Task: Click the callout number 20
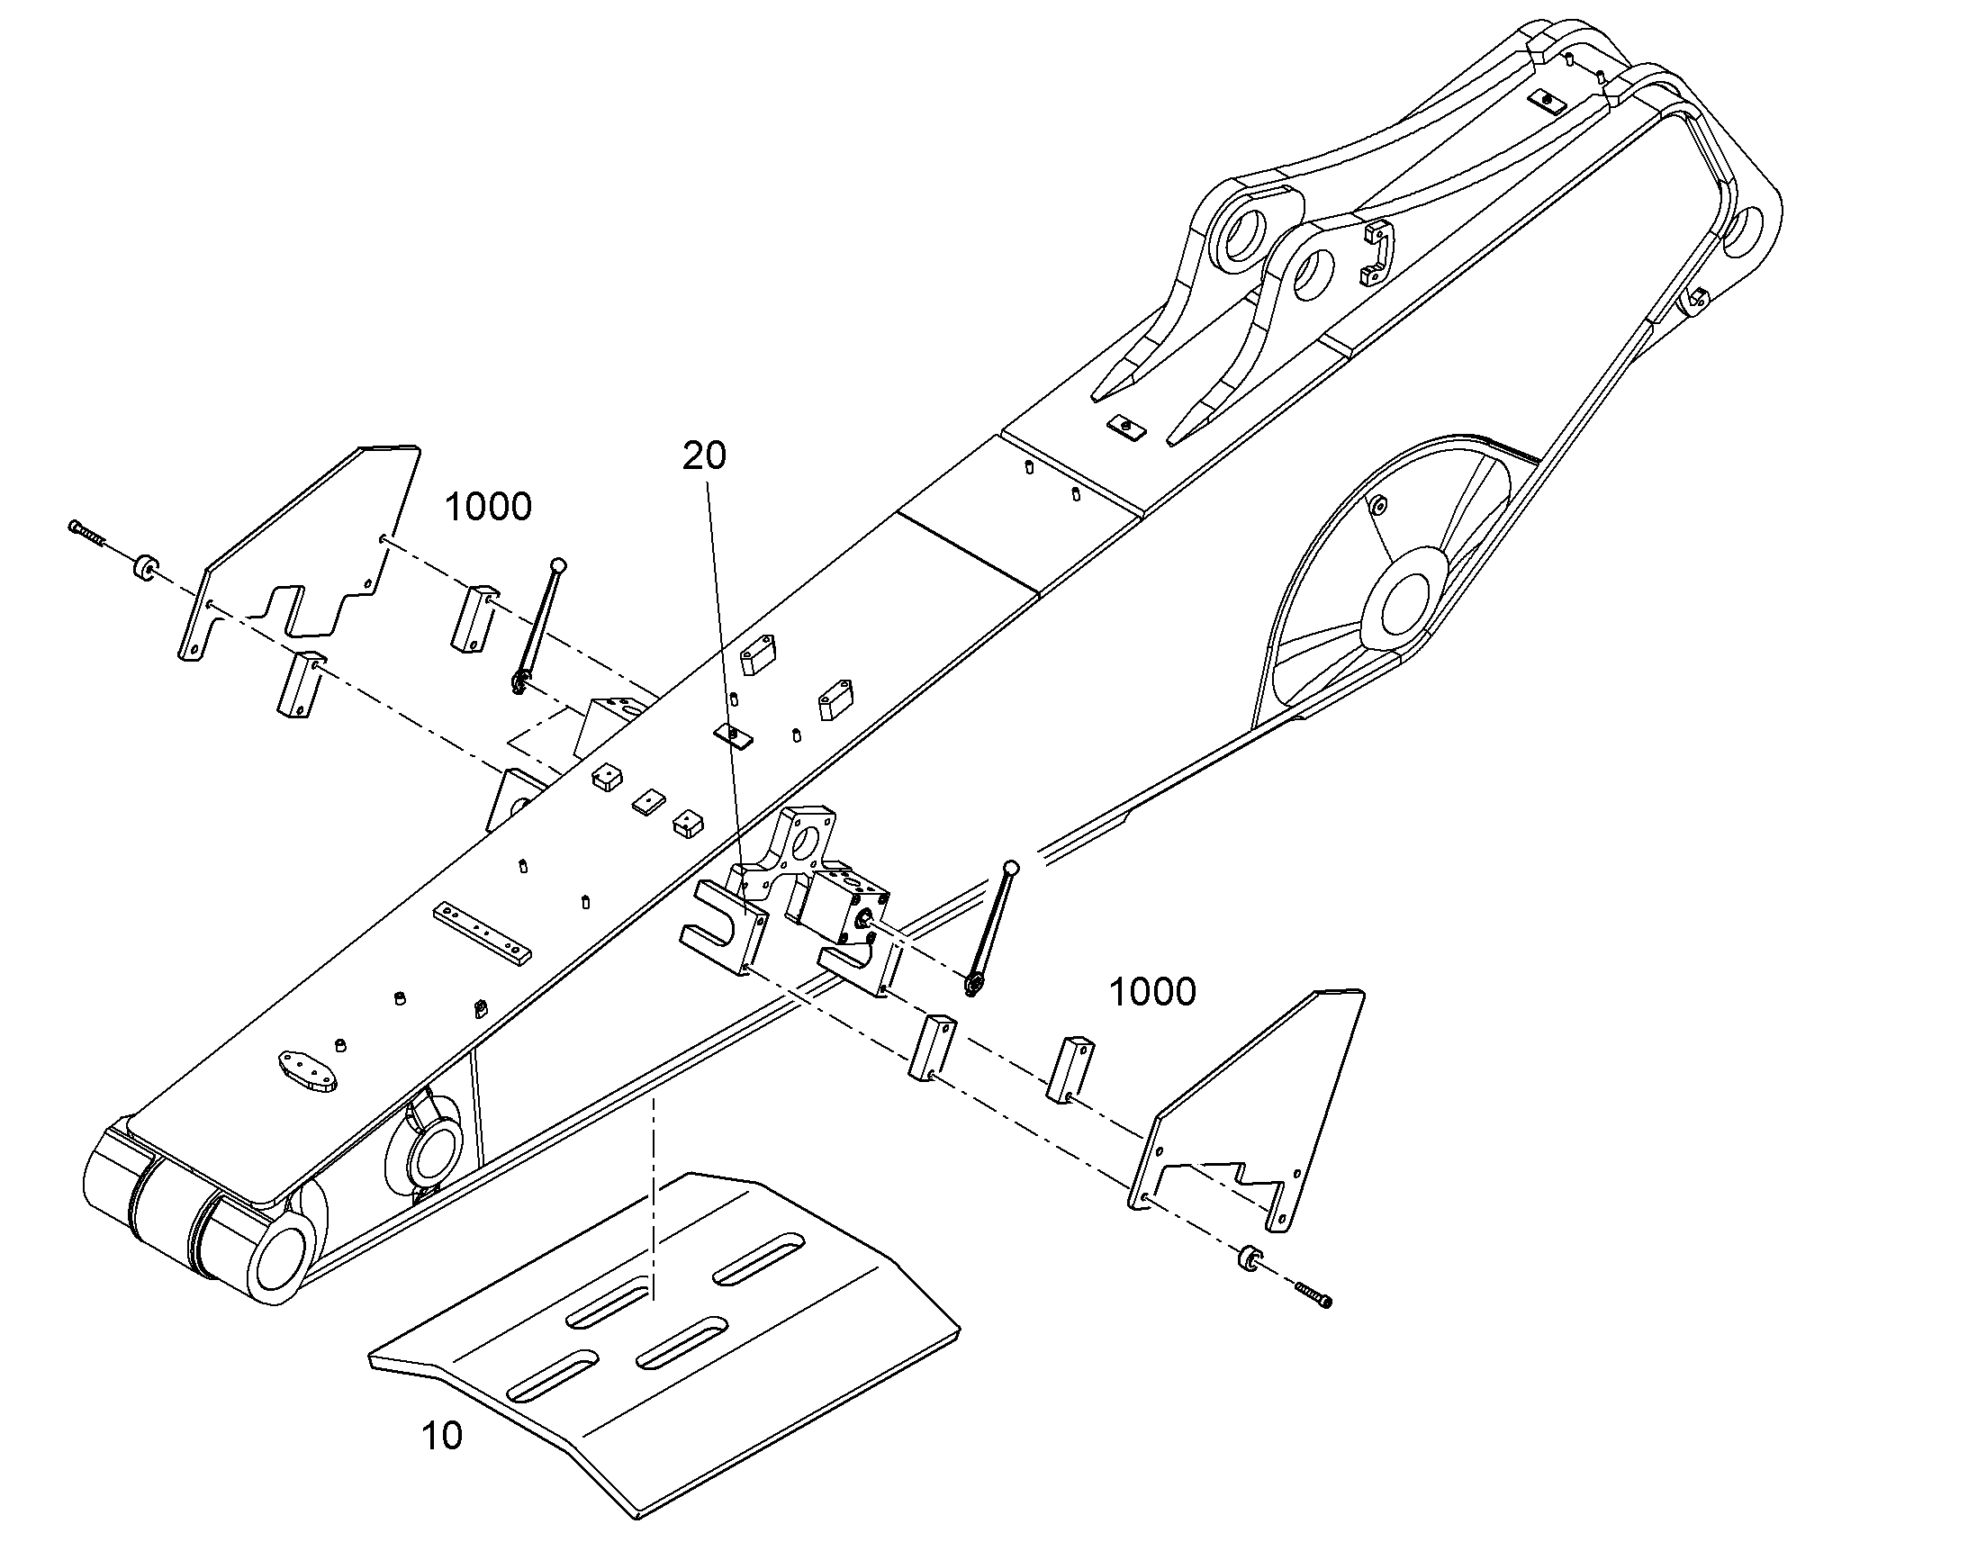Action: [x=703, y=456]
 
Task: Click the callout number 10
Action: [x=442, y=1436]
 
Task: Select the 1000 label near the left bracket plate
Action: [x=488, y=508]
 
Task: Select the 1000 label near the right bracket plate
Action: [x=1152, y=992]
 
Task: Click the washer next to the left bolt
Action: [x=143, y=570]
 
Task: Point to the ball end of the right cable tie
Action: [x=1010, y=869]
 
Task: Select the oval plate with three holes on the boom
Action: [x=308, y=1071]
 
